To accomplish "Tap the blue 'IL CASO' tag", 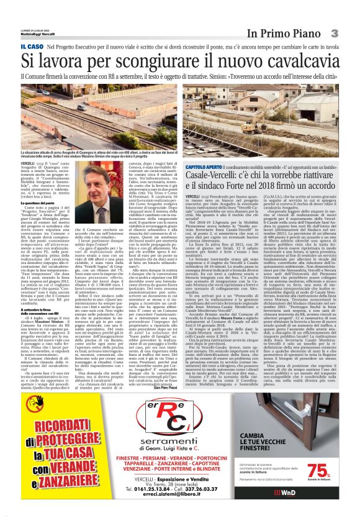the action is [32, 47].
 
